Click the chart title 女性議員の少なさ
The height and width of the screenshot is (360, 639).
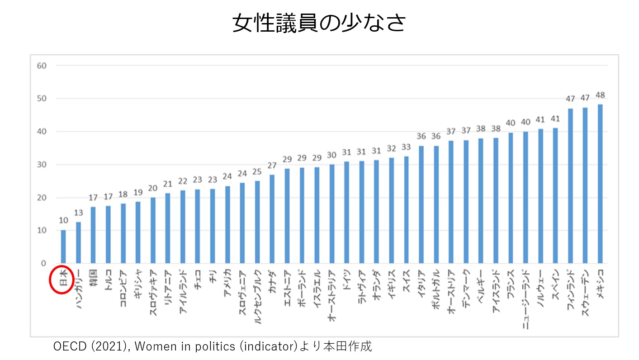[x=319, y=23]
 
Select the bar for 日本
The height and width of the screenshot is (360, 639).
[x=63, y=246]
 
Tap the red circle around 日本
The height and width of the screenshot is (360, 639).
[x=62, y=279]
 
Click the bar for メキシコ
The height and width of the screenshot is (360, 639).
[x=600, y=184]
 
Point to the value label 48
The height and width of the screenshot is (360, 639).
[x=600, y=95]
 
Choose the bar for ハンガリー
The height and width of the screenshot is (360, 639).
[x=78, y=242]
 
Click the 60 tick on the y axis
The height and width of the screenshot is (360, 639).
[x=42, y=66]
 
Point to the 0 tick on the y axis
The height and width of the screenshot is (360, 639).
[x=43, y=263]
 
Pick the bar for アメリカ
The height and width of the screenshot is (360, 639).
[x=227, y=224]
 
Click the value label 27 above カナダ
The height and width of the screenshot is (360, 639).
[x=272, y=166]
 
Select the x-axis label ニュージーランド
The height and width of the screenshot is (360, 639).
[x=525, y=298]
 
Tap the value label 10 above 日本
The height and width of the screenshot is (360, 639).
[x=63, y=221]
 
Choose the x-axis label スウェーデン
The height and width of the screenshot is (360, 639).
[x=585, y=292]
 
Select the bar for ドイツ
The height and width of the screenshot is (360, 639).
[x=346, y=212]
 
